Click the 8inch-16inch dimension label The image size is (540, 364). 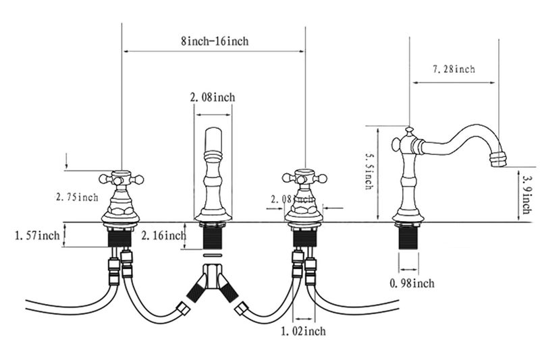pos(215,41)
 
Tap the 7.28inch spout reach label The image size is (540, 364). pos(454,69)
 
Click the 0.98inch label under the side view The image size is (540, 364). pos(412,284)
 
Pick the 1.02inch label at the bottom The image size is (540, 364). pos(303,332)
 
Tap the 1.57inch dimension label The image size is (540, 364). pos(37,236)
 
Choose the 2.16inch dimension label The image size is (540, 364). pos(163,236)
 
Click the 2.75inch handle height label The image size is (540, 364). pos(77,197)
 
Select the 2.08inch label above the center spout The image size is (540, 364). pos(213,97)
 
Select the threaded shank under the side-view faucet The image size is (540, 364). pos(409,238)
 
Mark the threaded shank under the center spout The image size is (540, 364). pos(212,238)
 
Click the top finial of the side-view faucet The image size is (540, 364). pos(409,131)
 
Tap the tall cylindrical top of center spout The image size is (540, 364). pos(213,140)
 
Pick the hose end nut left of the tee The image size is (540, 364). pos(184,309)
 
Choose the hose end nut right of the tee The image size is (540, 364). pos(242,309)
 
